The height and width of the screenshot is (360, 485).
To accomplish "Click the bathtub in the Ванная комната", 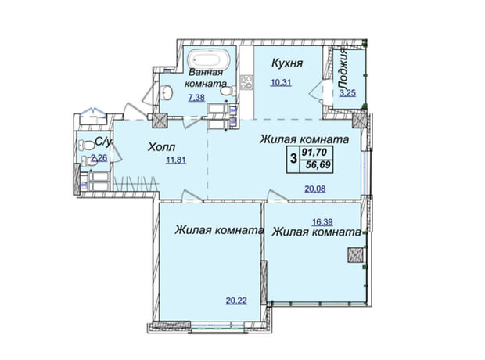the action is coord(210,59).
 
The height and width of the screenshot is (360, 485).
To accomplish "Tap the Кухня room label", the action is coord(287,63).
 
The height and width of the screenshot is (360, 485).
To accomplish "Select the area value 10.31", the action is coord(281,83).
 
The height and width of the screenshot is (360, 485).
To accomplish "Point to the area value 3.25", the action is coord(347,93).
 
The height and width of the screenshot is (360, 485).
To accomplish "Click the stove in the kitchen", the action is coord(246,82).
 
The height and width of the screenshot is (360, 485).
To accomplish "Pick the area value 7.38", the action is coord(196,98).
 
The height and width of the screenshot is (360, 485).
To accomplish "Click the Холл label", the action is coord(161,146).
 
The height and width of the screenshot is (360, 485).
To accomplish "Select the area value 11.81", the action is coord(176,160).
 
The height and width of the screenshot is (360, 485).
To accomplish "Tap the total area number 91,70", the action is coord(317,153).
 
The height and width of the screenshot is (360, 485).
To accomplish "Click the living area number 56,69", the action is coord(318,165).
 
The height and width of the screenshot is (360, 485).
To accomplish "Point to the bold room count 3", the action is coord(293,159).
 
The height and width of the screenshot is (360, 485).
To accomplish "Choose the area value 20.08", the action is coord(315,189).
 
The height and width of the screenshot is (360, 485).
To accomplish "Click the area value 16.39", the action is coord(322,222).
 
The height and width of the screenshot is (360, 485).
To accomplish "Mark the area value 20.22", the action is coord(236,301).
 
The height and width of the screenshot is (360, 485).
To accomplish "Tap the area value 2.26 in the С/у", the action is coord(99,158).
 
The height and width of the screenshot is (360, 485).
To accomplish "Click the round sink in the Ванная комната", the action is coord(167,92).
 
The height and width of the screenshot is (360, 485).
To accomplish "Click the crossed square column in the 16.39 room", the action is coord(355,256).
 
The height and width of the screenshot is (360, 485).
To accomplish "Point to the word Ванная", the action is coord(206,73).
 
